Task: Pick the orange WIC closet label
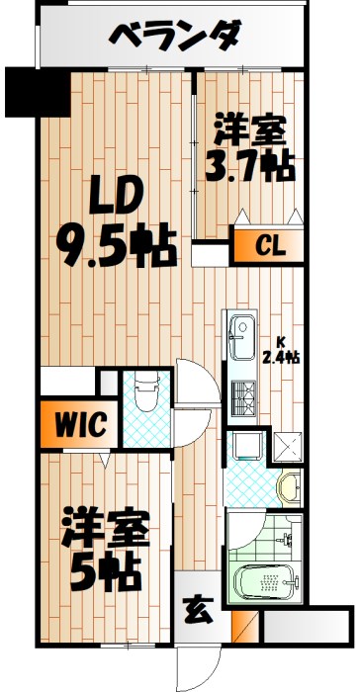click(x=80, y=426)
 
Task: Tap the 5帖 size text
click(x=104, y=568)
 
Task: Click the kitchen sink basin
click(x=240, y=342)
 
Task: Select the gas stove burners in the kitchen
click(x=241, y=401)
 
